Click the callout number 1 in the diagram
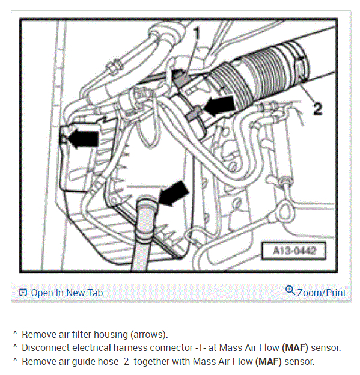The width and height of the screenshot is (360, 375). tap(197, 33)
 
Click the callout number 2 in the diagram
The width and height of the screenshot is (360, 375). tap(318, 109)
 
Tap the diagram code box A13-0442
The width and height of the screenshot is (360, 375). tap(294, 251)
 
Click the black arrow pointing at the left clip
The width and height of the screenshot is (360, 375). tap(83, 138)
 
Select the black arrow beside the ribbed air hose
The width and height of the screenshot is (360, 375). tap(219, 106)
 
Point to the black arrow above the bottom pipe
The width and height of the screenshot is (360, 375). tap(174, 194)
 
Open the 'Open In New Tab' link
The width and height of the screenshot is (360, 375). tap(67, 293)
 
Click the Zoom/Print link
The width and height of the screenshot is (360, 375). tap(322, 293)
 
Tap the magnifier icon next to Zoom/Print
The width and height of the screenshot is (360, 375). tap(290, 290)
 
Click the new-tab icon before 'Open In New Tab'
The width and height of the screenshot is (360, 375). tap(23, 293)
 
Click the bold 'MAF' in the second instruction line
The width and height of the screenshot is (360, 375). tap(296, 348)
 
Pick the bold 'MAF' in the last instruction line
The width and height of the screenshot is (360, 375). tap(269, 361)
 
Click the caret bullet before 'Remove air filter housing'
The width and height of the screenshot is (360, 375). tap(15, 333)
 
